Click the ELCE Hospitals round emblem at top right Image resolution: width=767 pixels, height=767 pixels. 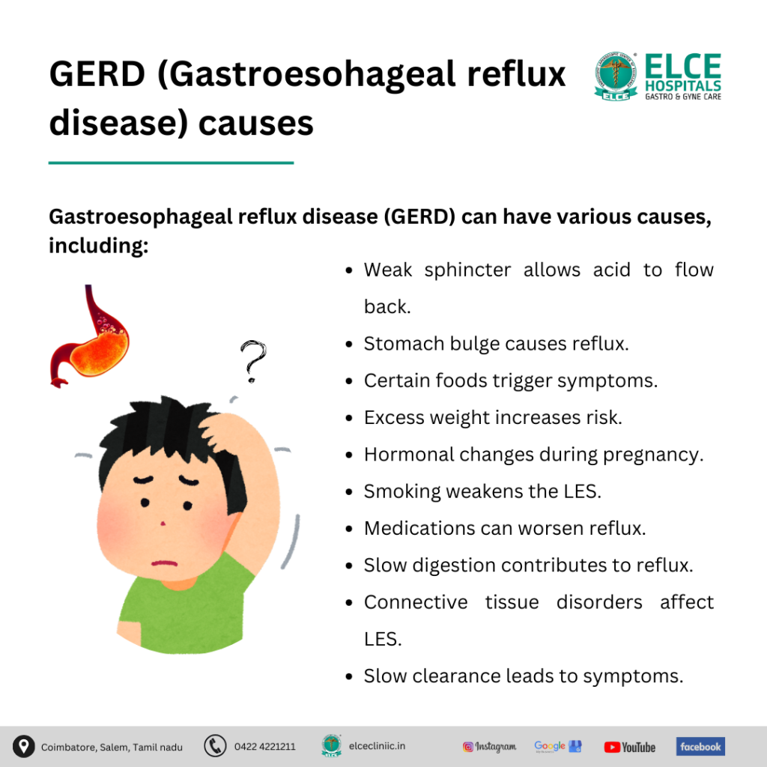(x=616, y=76)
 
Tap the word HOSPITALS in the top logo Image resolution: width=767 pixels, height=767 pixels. (x=683, y=86)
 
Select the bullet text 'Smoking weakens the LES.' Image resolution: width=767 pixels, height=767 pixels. (x=482, y=491)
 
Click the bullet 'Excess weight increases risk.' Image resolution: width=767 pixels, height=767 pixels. (x=493, y=417)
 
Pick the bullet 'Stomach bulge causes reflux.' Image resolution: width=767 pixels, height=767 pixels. (x=496, y=344)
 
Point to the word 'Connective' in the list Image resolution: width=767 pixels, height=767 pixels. (x=416, y=602)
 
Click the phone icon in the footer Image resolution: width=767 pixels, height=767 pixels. (x=215, y=746)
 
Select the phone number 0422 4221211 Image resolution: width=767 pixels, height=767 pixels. (x=264, y=747)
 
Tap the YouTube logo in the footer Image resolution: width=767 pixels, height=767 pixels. (x=629, y=747)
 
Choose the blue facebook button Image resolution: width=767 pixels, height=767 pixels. (x=700, y=746)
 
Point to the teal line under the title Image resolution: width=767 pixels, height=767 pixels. (x=171, y=162)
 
